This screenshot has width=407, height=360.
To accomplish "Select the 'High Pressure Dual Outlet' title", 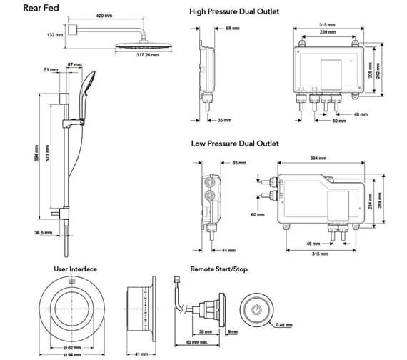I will pos(234,12).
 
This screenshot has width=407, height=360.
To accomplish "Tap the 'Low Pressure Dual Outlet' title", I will pos(234,144).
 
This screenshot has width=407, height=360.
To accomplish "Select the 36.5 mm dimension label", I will pos(44,231).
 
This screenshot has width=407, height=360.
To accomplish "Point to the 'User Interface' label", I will pos(75,269).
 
